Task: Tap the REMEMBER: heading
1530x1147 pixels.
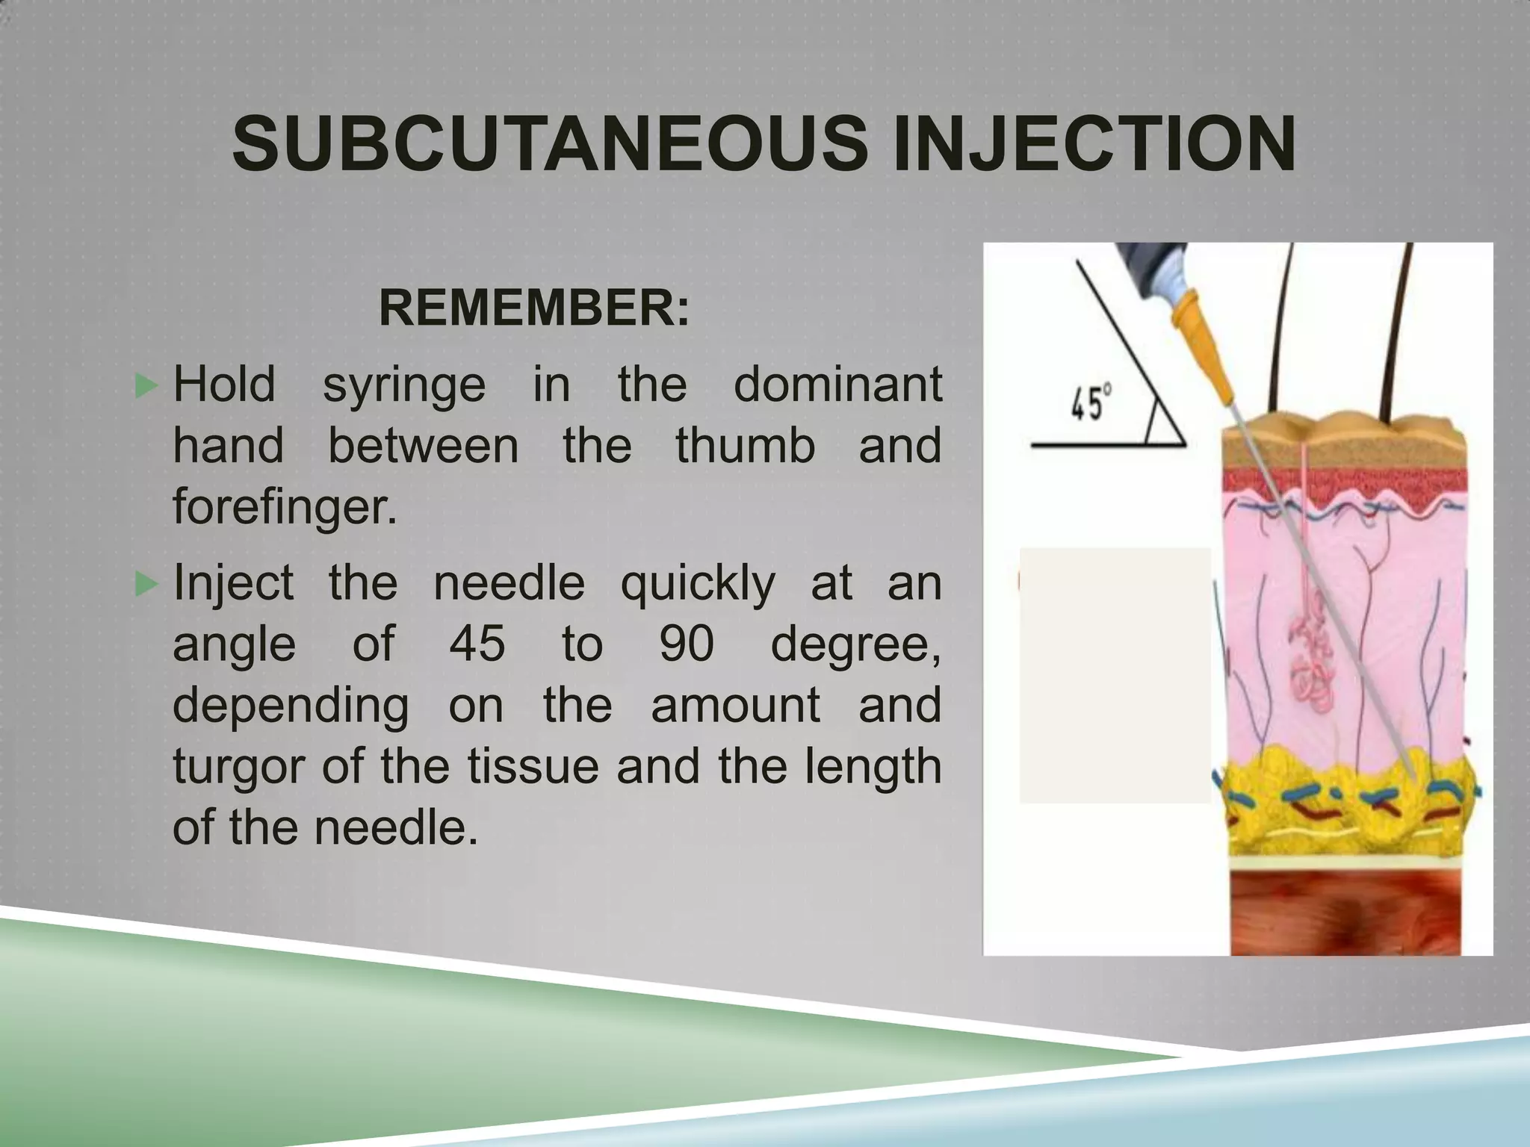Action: click(x=534, y=308)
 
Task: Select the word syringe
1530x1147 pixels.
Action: click(x=403, y=385)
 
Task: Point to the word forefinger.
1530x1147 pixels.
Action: click(x=285, y=507)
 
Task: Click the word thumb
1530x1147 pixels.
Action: click(x=745, y=446)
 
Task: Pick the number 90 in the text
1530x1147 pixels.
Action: click(x=686, y=643)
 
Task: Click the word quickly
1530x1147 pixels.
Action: click(x=697, y=583)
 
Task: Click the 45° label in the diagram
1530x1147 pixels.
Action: click(x=1091, y=404)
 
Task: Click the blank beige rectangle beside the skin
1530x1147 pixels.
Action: click(x=1115, y=674)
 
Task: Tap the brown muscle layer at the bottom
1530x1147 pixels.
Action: click(x=1345, y=912)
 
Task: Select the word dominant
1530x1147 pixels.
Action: click(x=837, y=385)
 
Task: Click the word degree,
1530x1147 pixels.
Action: click(x=855, y=644)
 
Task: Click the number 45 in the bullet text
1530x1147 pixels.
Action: click(x=477, y=643)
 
